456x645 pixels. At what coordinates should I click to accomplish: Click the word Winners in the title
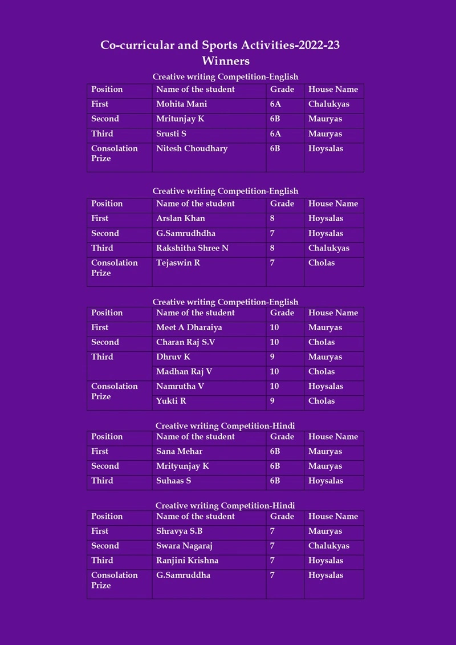226,60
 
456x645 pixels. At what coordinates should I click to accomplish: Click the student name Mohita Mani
181,104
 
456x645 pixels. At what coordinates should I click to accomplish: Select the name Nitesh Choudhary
192,149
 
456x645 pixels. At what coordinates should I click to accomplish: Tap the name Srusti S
171,134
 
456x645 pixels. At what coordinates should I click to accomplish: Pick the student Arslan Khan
180,218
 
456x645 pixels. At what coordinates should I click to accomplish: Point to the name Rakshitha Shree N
192,248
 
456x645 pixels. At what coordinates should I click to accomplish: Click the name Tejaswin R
178,263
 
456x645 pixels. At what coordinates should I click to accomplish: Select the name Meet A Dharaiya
189,327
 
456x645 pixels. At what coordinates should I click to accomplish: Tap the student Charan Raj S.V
185,342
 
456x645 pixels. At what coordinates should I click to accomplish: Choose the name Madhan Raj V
184,371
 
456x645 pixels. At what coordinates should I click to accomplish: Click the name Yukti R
171,401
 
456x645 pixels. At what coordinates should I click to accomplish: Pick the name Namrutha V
180,386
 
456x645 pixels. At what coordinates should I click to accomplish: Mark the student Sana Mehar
179,451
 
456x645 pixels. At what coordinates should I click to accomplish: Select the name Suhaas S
173,481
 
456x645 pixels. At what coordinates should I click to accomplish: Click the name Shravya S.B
179,531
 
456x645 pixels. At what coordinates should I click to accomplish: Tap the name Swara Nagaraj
184,546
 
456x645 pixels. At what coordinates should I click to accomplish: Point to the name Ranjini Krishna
187,561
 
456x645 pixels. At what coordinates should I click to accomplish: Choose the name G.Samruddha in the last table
183,575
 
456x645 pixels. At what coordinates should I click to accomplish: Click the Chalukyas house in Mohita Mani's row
328,104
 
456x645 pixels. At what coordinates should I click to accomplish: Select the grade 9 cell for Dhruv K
272,357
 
